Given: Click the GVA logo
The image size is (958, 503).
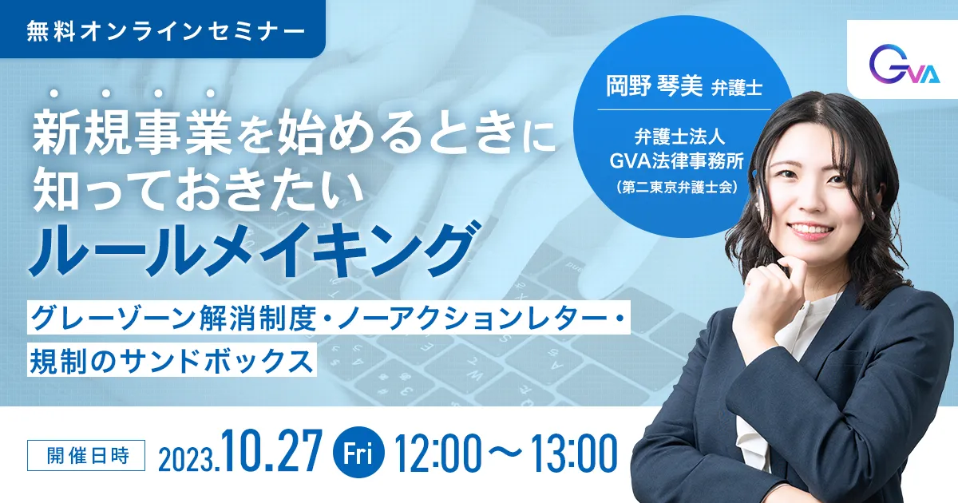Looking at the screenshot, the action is click(904, 69).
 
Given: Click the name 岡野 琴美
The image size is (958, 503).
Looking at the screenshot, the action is click(654, 85).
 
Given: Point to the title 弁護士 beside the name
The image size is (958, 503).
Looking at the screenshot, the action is click(737, 88).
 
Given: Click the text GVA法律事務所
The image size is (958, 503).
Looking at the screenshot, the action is click(676, 161).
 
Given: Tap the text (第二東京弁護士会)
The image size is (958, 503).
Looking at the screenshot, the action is click(678, 188).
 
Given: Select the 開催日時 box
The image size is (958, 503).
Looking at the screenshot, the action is click(86, 455).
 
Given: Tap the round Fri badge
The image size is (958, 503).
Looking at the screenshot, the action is click(358, 452).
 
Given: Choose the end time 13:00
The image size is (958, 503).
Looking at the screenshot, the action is click(574, 453).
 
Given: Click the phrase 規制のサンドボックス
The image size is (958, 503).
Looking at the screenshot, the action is click(171, 361).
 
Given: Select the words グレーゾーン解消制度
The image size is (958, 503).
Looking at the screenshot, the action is click(173, 319).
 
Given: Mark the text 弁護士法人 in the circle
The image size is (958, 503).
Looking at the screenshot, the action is click(679, 137).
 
